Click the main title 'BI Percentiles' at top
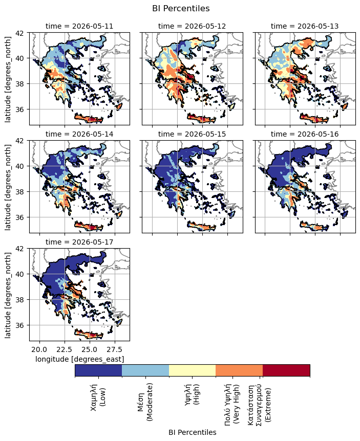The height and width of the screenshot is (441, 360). [181, 8]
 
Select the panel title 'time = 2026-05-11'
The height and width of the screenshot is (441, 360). [79, 26]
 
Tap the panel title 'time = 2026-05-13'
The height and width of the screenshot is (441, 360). [305, 26]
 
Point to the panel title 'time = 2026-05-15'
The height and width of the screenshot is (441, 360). [192, 134]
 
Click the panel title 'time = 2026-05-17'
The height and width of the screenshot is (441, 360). [79, 242]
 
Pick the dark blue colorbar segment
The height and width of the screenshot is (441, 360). [98, 370]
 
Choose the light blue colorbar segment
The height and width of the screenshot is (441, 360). [145, 370]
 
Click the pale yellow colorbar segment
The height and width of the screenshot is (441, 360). [192, 370]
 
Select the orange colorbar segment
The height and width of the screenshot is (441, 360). [239, 370]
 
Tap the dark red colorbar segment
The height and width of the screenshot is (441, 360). [286, 370]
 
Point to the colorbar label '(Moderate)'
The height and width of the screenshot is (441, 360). [150, 402]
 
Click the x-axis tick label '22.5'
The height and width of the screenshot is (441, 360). [65, 349]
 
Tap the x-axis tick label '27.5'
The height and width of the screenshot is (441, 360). [115, 349]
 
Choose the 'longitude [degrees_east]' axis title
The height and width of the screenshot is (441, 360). [80, 359]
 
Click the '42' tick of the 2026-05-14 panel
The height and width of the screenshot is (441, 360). [24, 141]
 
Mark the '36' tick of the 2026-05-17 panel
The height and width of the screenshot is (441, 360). [24, 325]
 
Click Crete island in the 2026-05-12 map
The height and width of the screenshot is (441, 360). [202, 118]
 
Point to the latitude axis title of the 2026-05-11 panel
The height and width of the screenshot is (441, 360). [8, 79]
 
